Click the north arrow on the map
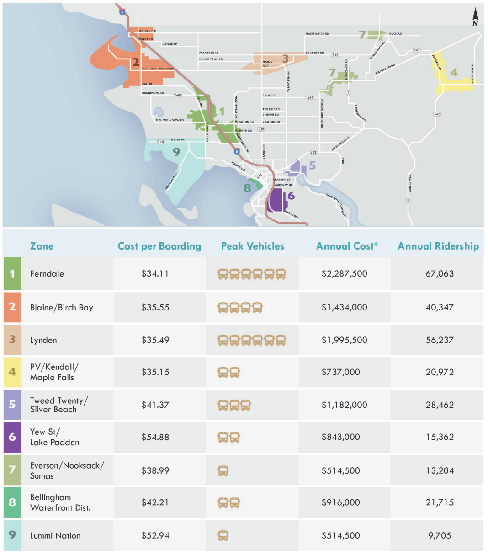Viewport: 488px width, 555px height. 475,17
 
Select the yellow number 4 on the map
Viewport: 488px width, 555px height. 454,72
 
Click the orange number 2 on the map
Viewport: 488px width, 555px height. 135,62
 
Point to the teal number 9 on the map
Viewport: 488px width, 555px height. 176,152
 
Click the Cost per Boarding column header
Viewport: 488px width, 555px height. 159,246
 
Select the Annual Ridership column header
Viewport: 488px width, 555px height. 438,246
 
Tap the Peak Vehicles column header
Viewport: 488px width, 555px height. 253,246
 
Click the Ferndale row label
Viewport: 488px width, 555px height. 47,274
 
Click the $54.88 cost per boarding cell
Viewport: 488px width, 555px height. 155,437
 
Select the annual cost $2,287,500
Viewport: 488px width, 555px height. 344,274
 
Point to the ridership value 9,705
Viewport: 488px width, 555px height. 440,535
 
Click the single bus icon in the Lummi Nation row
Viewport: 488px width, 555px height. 223,535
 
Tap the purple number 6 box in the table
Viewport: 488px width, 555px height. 12,437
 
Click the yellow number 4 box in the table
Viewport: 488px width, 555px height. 12,372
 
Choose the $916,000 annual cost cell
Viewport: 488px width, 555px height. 340,502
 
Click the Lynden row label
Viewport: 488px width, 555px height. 43,340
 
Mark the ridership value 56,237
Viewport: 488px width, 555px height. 440,340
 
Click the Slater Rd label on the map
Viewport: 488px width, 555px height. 178,139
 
